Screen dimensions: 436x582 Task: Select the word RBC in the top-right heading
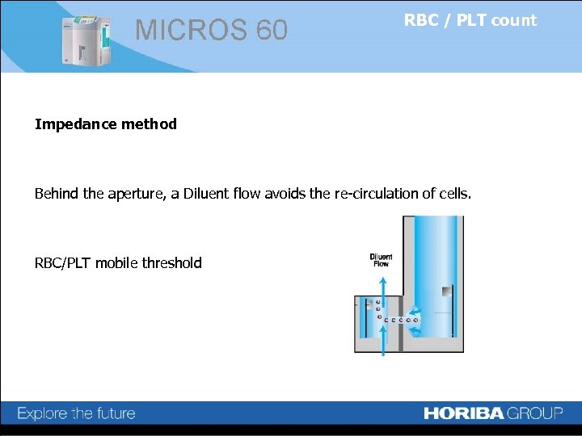(421, 20)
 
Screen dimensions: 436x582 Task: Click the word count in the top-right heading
(513, 21)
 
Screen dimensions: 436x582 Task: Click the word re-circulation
(373, 194)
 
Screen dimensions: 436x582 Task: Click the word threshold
(172, 262)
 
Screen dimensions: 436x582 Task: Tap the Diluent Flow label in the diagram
(380, 261)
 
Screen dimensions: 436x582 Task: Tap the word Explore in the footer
(43, 413)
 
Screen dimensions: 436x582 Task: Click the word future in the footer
(114, 413)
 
